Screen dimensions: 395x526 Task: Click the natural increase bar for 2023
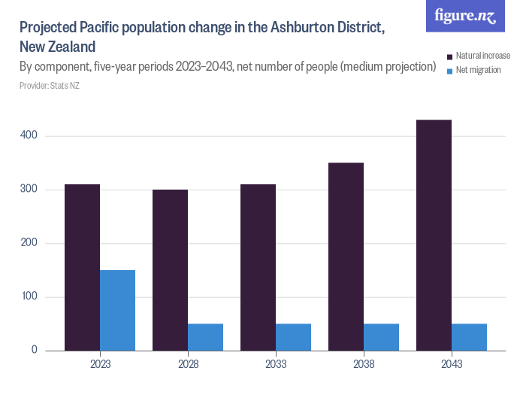click(x=82, y=267)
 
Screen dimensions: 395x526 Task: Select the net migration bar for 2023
click(x=117, y=310)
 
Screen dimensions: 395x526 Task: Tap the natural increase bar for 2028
click(x=170, y=270)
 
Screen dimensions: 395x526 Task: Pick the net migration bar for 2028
click(x=205, y=337)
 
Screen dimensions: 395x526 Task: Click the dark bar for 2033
click(x=258, y=267)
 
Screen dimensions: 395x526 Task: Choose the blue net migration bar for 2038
click(x=381, y=337)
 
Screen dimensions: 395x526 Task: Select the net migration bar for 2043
click(x=469, y=337)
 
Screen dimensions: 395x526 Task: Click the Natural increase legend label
click(x=483, y=56)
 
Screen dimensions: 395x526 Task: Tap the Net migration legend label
click(x=479, y=70)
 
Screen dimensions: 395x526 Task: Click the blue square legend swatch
click(x=450, y=70)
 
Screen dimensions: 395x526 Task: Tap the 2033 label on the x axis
click(x=276, y=364)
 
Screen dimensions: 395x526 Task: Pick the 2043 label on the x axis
click(x=451, y=364)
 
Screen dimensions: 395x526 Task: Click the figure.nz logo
click(x=465, y=16)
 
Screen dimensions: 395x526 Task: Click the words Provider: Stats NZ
click(x=49, y=86)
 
